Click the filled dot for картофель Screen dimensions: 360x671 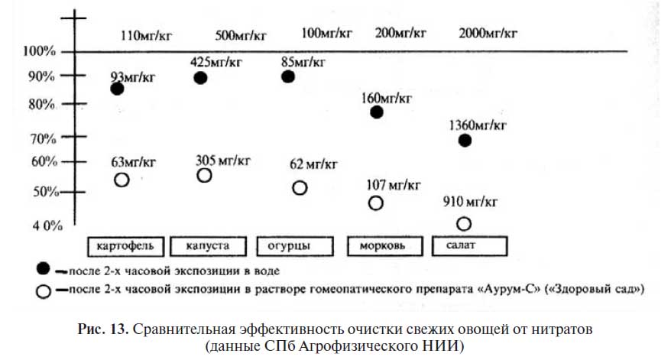click(x=117, y=89)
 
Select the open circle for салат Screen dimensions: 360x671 click(x=463, y=223)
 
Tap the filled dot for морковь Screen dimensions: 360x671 click(x=376, y=112)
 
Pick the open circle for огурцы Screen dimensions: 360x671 click(x=300, y=187)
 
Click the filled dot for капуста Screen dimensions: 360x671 click(x=200, y=78)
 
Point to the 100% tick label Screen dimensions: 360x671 click(x=40, y=51)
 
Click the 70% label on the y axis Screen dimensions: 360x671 click(x=42, y=138)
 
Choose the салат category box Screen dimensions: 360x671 click(x=468, y=246)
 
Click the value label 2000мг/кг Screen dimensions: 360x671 click(x=489, y=33)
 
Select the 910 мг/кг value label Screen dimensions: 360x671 click(x=470, y=202)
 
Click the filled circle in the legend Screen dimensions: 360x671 click(x=44, y=269)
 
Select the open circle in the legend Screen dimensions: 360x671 click(x=44, y=290)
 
